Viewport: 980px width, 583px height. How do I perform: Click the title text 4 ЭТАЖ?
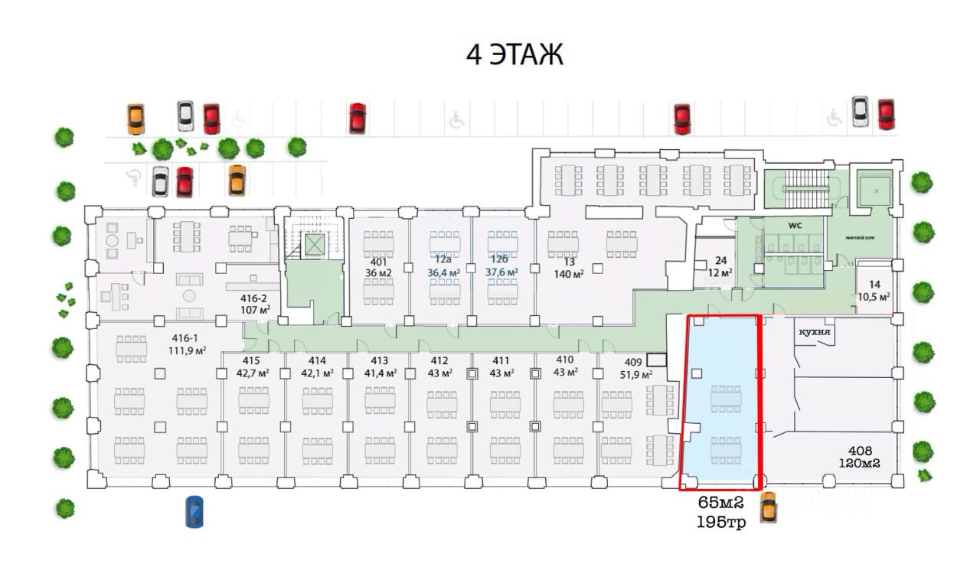coord(514,55)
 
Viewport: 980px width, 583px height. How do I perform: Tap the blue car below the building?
coord(195,512)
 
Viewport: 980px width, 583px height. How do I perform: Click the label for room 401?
coord(377,259)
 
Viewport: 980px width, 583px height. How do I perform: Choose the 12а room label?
coord(443,259)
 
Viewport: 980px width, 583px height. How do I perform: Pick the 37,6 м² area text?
coord(501,272)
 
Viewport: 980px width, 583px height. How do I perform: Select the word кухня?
coord(815,333)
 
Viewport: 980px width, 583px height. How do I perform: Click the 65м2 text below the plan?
coord(720,503)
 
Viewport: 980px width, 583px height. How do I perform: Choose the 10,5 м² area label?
coord(874,296)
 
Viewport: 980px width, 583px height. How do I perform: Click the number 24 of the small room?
coord(720,260)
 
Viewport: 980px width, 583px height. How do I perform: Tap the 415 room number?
coord(251,360)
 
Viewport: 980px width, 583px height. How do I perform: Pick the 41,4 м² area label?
coord(380,373)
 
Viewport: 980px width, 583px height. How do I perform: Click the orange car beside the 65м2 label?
coord(767,508)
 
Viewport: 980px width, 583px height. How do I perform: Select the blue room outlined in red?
coord(720,428)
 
